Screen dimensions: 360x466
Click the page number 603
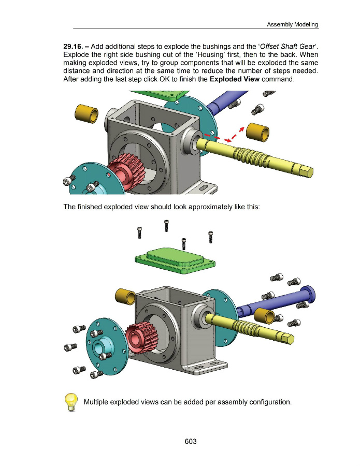click(x=191, y=441)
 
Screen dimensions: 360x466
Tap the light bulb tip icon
click(x=71, y=402)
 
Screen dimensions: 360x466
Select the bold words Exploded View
click(x=235, y=79)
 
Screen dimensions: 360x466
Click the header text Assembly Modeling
click(x=293, y=24)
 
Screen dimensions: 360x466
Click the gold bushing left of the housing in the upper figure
click(x=87, y=114)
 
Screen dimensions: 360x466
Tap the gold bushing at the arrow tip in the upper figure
click(x=258, y=133)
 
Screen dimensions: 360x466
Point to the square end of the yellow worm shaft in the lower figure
click(x=288, y=339)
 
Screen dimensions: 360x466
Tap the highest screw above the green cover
click(x=166, y=225)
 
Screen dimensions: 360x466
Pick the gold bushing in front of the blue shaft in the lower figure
click(x=265, y=316)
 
